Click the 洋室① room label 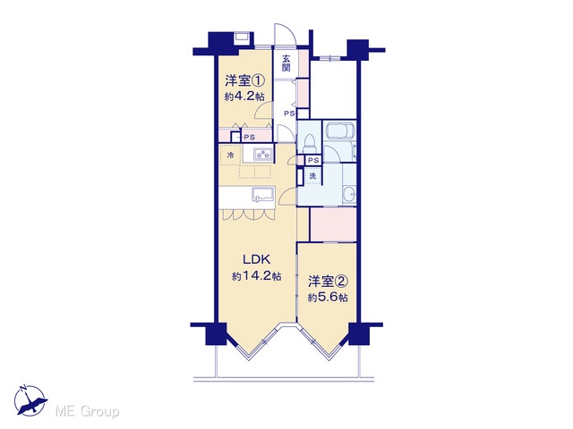click(244, 80)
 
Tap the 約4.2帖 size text click(244, 97)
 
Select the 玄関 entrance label click(286, 63)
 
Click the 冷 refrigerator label click(231, 155)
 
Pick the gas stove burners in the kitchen click(262, 154)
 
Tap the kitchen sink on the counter click(263, 195)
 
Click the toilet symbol click(310, 143)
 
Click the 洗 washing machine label click(312, 175)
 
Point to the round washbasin click(350, 193)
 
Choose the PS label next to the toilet click(313, 160)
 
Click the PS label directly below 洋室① click(249, 137)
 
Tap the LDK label click(257, 259)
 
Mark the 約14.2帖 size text click(257, 276)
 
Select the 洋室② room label click(328, 281)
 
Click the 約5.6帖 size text click(328, 298)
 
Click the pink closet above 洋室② click(333, 224)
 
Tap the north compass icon click(30, 400)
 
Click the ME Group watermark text click(87, 412)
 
